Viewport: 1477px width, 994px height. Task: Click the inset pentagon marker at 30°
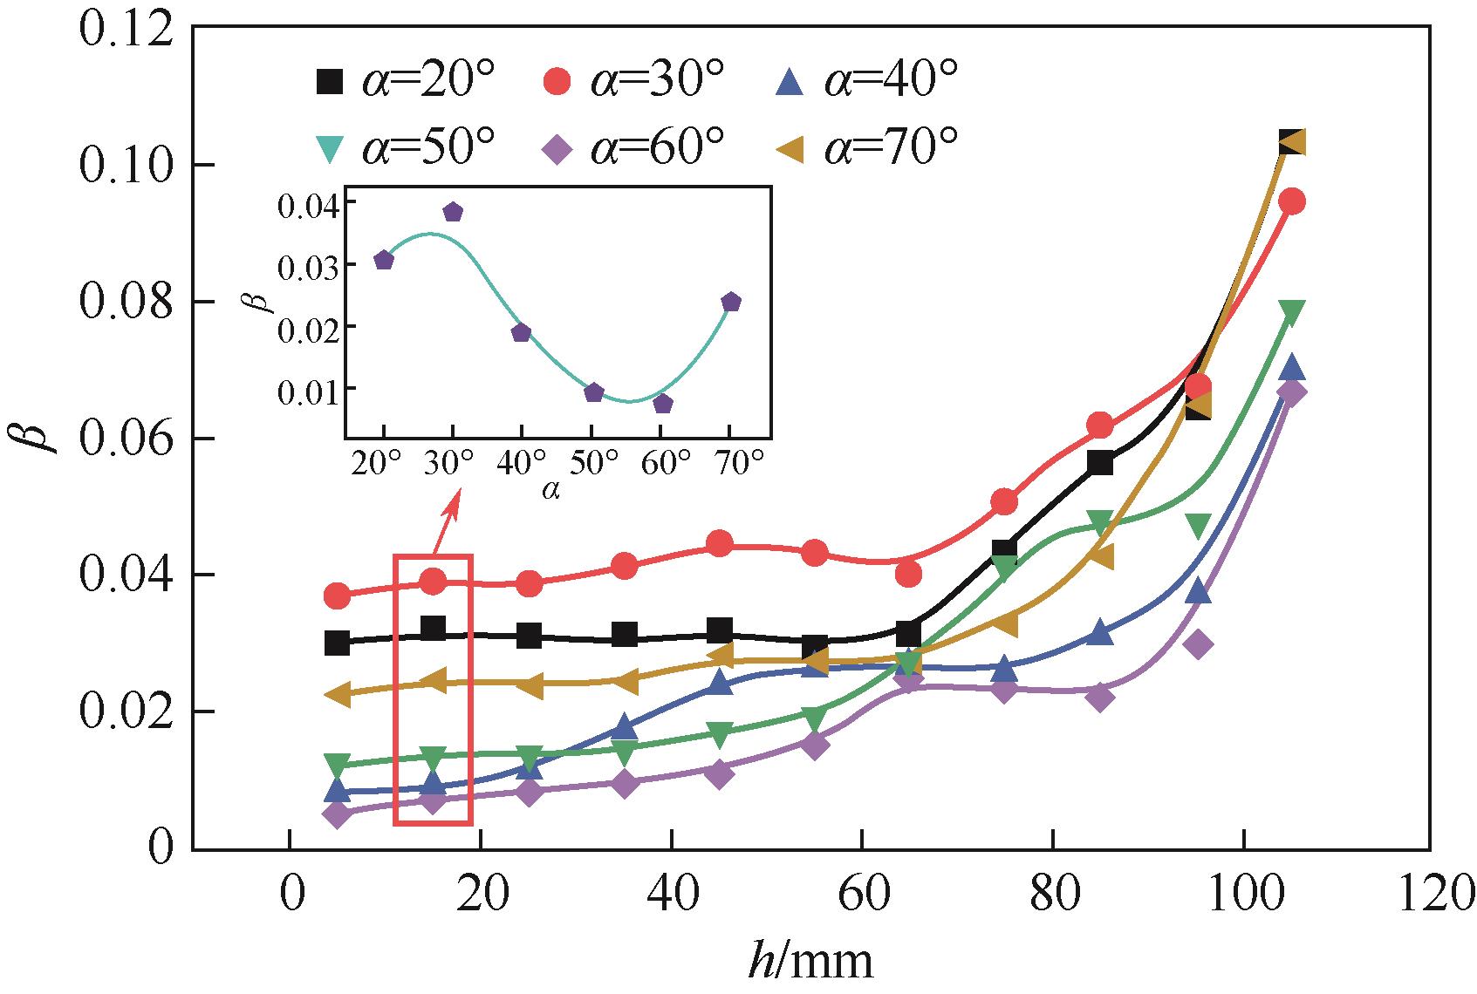453,212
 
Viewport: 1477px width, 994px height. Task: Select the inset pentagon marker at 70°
731,302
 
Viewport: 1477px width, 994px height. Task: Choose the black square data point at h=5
338,643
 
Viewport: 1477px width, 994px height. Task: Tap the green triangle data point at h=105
1292,311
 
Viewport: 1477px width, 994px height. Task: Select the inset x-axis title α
550,491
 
